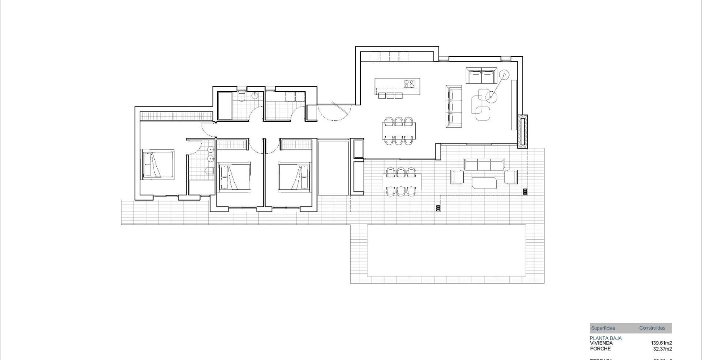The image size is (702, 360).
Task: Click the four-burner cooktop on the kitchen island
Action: pos(408,84)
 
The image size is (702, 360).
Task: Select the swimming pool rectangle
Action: pos(447,251)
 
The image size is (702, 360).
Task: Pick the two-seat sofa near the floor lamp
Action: pos(482,75)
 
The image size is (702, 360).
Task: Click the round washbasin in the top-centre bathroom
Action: pos(255,96)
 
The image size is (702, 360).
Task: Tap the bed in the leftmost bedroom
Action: pos(157,164)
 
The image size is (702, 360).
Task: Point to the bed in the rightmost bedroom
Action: pos(294,176)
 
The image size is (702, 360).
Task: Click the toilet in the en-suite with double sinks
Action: pos(208,171)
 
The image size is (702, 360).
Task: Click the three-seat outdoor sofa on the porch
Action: pos(484,165)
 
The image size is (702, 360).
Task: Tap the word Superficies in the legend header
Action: pos(603,328)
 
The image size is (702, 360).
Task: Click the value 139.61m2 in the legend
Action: pos(661,343)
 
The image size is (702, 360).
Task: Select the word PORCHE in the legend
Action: pos(600,348)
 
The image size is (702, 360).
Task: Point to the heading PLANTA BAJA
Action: pos(606,338)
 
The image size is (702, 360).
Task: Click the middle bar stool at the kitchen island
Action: pos(390,95)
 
